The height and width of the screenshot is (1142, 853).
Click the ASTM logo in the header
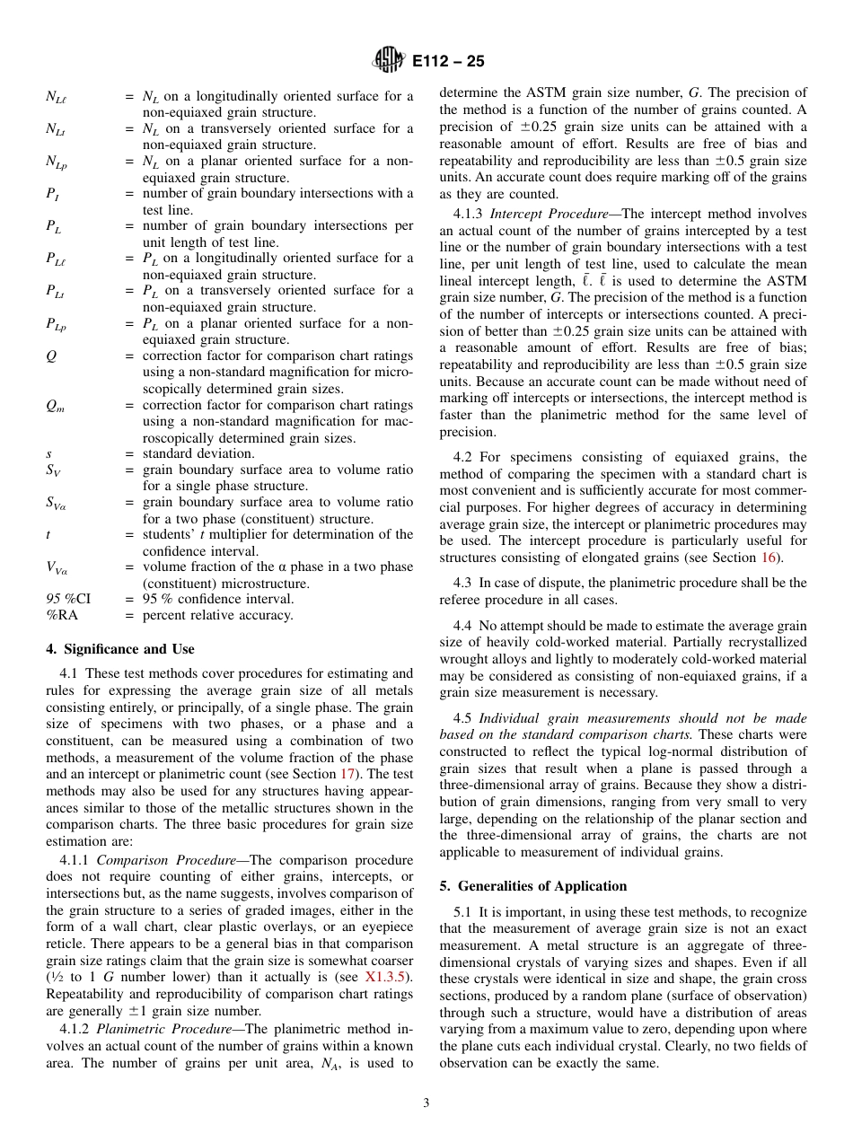389,61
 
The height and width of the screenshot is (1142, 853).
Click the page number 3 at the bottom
426,1102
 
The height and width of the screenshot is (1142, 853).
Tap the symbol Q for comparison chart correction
50,356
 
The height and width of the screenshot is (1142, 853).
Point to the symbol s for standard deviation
48,452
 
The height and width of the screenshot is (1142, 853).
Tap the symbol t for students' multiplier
48,534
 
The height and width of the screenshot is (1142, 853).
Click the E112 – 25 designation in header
448,61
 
